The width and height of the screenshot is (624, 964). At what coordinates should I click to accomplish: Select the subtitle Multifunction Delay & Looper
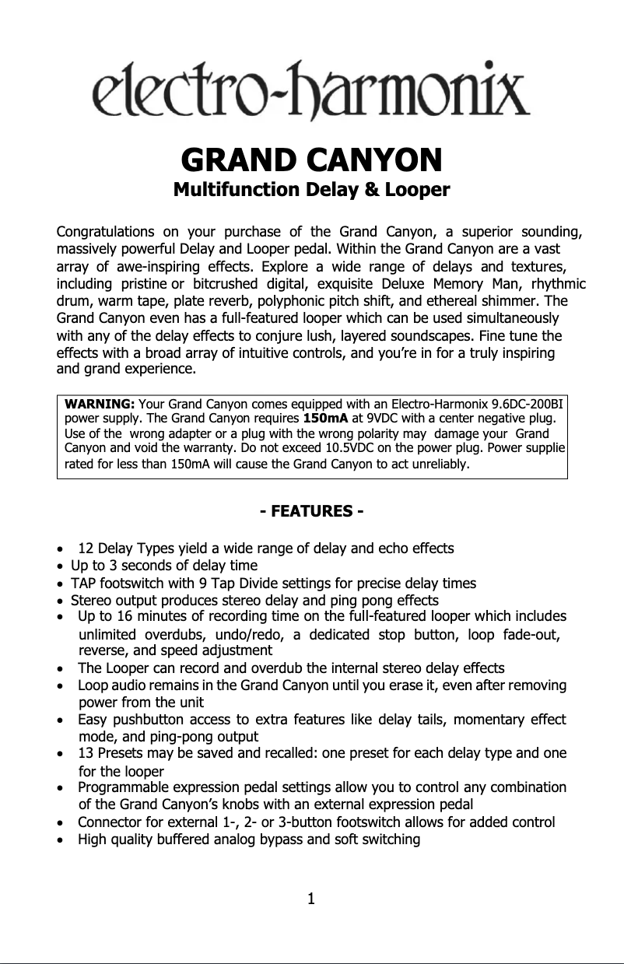pyautogui.click(x=311, y=190)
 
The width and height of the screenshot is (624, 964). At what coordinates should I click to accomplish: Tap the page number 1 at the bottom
pyautogui.click(x=311, y=900)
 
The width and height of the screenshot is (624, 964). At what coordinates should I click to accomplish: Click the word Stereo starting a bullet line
pyautogui.click(x=89, y=600)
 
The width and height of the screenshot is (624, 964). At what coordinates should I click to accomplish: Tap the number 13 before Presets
pyautogui.click(x=86, y=753)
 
